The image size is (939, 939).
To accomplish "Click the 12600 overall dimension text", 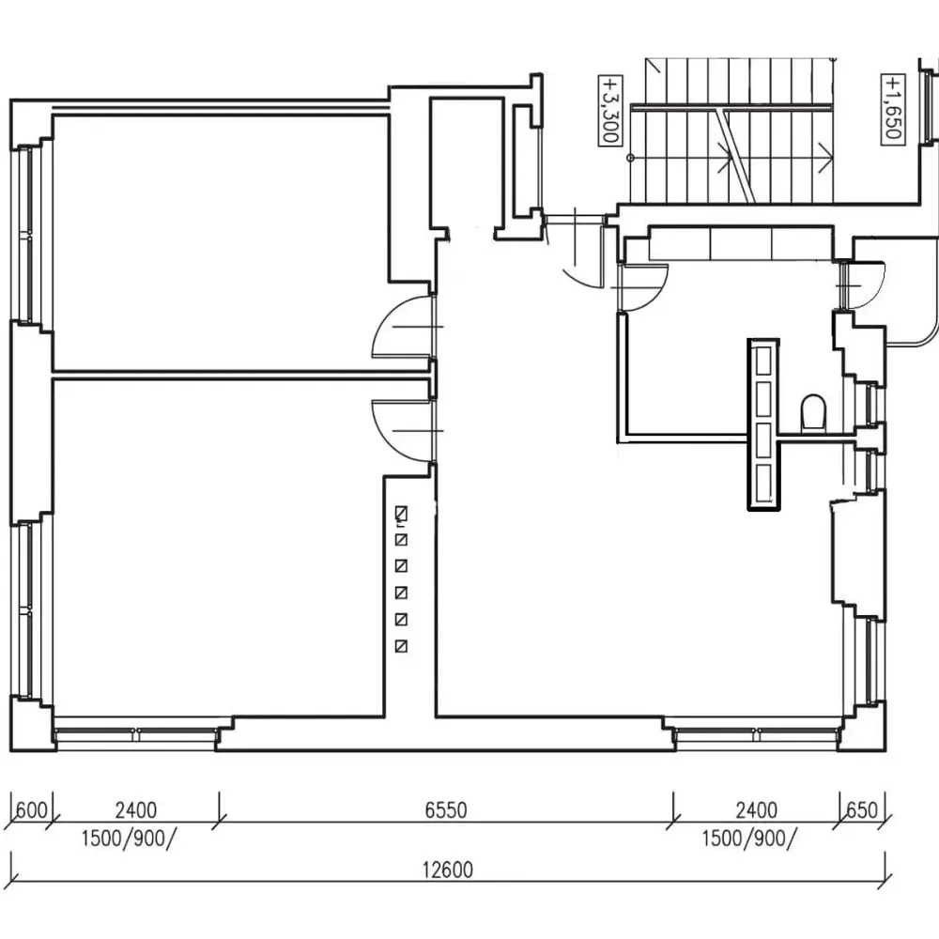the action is [x=448, y=869].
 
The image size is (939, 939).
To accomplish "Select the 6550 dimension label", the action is [x=445, y=810].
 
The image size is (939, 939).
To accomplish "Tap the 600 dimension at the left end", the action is [x=31, y=810].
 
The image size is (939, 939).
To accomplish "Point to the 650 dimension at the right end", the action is [x=862, y=810].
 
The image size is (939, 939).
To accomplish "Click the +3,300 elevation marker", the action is [x=610, y=110].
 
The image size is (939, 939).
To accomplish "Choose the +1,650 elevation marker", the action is [x=892, y=108].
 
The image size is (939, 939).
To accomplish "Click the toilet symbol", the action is [x=813, y=411].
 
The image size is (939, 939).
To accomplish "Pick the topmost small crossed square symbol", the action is [x=401, y=514].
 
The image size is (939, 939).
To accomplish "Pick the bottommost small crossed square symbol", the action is [x=401, y=646].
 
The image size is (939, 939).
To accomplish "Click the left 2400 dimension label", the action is [x=136, y=810].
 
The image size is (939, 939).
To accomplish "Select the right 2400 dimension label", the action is [x=756, y=810].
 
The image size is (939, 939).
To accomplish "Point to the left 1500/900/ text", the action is [x=129, y=839].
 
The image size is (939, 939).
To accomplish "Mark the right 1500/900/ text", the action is [x=749, y=839].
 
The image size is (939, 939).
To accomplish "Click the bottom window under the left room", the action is [x=136, y=735].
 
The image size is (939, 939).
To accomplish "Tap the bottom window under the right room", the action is [x=757, y=735].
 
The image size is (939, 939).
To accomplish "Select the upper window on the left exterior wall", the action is [x=25, y=234].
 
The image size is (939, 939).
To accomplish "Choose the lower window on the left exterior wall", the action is [x=25, y=609].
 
